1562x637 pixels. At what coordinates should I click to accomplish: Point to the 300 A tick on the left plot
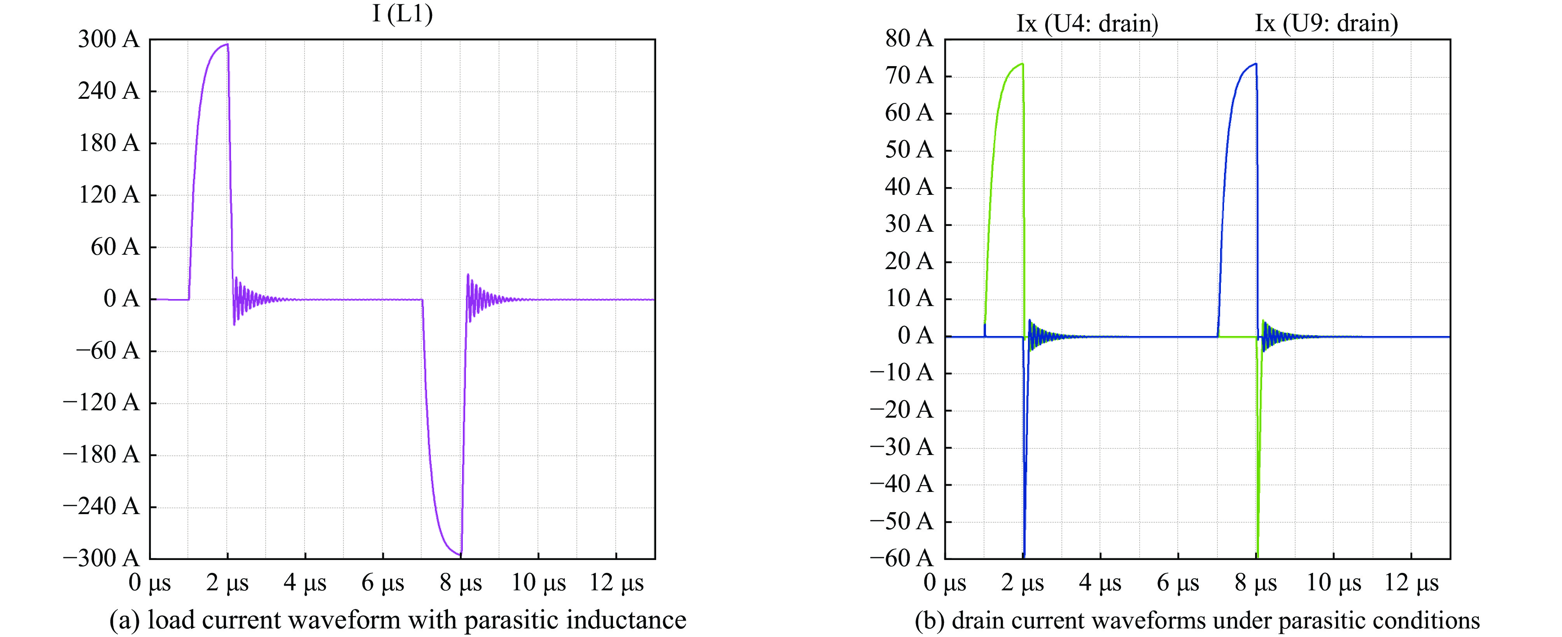tap(109, 40)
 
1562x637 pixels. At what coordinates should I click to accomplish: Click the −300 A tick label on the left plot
tap(101, 558)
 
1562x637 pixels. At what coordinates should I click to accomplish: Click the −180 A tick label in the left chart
tap(101, 455)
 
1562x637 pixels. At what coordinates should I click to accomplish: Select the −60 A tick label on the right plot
tap(902, 558)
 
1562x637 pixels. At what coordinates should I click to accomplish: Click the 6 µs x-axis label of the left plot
tap(383, 583)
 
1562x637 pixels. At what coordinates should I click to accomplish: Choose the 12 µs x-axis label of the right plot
tap(1411, 583)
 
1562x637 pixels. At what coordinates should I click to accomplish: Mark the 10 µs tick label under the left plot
tap(538, 583)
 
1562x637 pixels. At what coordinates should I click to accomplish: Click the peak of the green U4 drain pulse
tap(1022, 64)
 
